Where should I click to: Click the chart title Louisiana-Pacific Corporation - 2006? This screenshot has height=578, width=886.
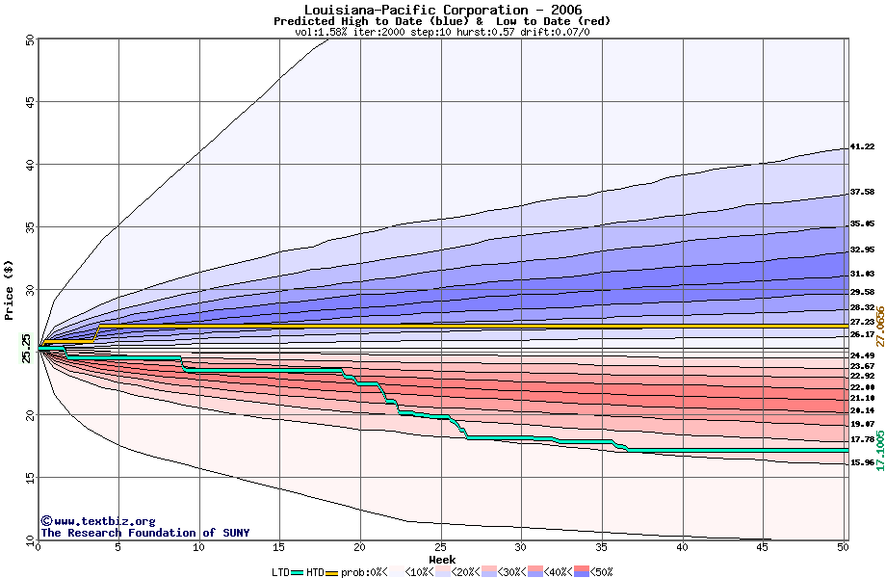(442, 10)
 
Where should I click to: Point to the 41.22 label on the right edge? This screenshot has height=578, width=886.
(861, 147)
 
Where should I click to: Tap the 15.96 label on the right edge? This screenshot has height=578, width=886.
(861, 462)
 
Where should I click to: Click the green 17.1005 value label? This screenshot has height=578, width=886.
(879, 451)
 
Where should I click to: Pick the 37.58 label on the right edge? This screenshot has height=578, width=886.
(861, 192)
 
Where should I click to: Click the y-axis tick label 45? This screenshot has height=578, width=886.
(30, 102)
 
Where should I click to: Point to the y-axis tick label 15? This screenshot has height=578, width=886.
(30, 477)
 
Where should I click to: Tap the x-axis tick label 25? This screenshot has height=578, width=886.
(440, 547)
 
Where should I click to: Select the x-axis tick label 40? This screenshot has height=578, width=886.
(682, 547)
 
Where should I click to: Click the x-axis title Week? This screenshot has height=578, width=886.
(442, 560)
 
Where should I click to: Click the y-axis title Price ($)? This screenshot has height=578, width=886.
(10, 289)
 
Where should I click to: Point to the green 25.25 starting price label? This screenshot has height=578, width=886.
(26, 348)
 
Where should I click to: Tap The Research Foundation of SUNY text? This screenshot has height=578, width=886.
(142, 533)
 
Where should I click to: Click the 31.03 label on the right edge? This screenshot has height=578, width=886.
(861, 274)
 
